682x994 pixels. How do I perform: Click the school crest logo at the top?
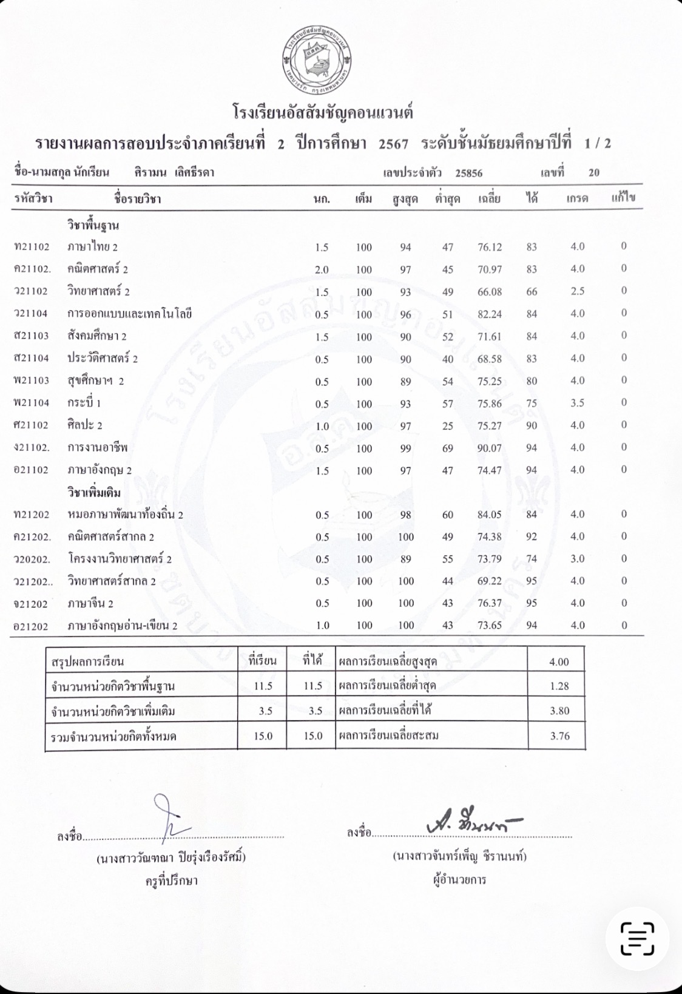[x=317, y=60]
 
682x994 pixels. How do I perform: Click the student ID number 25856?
[x=468, y=173]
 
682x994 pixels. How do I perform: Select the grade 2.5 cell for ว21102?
[x=577, y=291]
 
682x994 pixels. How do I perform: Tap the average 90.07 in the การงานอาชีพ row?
[x=489, y=448]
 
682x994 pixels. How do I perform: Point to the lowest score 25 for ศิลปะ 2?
[x=447, y=426]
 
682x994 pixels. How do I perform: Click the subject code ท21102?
[x=32, y=247]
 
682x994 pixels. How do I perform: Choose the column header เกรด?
[x=576, y=198]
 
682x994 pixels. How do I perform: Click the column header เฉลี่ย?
[x=488, y=198]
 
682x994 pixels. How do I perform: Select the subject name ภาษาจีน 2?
[x=90, y=604]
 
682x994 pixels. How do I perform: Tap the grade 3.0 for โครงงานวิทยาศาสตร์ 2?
[x=577, y=559]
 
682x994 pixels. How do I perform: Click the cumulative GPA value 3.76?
[x=559, y=736]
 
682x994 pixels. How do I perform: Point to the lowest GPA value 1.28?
[x=559, y=686]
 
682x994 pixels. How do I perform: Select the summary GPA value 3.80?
[x=559, y=711]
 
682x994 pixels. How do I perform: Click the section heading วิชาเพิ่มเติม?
[x=94, y=492]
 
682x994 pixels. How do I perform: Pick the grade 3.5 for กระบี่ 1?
[x=577, y=403]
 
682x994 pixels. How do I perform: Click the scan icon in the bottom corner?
[x=637, y=938]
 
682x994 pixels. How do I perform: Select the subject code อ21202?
[x=32, y=626]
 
